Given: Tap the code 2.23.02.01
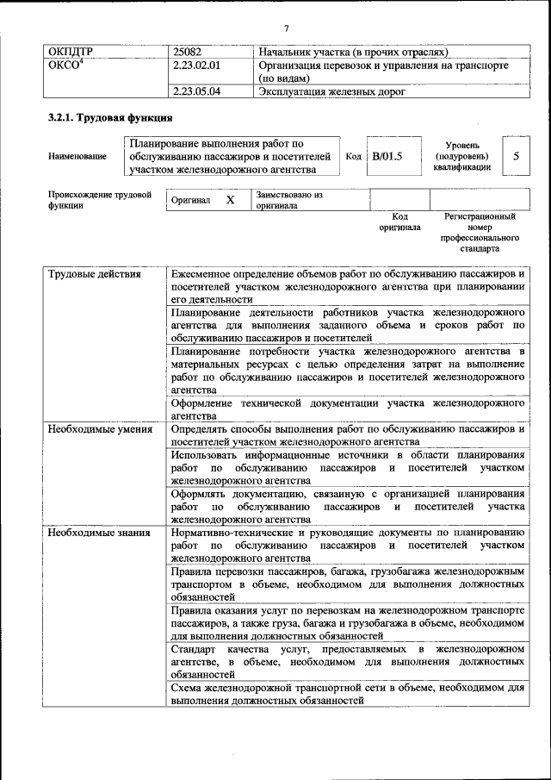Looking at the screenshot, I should click(197, 66).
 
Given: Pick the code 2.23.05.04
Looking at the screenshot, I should click(197, 90).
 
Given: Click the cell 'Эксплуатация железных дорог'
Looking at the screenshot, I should click(331, 90).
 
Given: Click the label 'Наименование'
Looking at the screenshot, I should click(77, 156).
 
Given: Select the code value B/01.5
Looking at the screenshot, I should click(387, 157).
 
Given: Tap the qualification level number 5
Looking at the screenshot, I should click(516, 156).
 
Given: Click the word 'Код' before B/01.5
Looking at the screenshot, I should click(353, 157).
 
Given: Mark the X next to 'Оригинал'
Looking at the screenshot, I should click(230, 200).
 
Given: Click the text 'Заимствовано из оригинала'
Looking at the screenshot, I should click(288, 200).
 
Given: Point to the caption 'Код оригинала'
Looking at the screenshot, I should click(399, 222).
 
